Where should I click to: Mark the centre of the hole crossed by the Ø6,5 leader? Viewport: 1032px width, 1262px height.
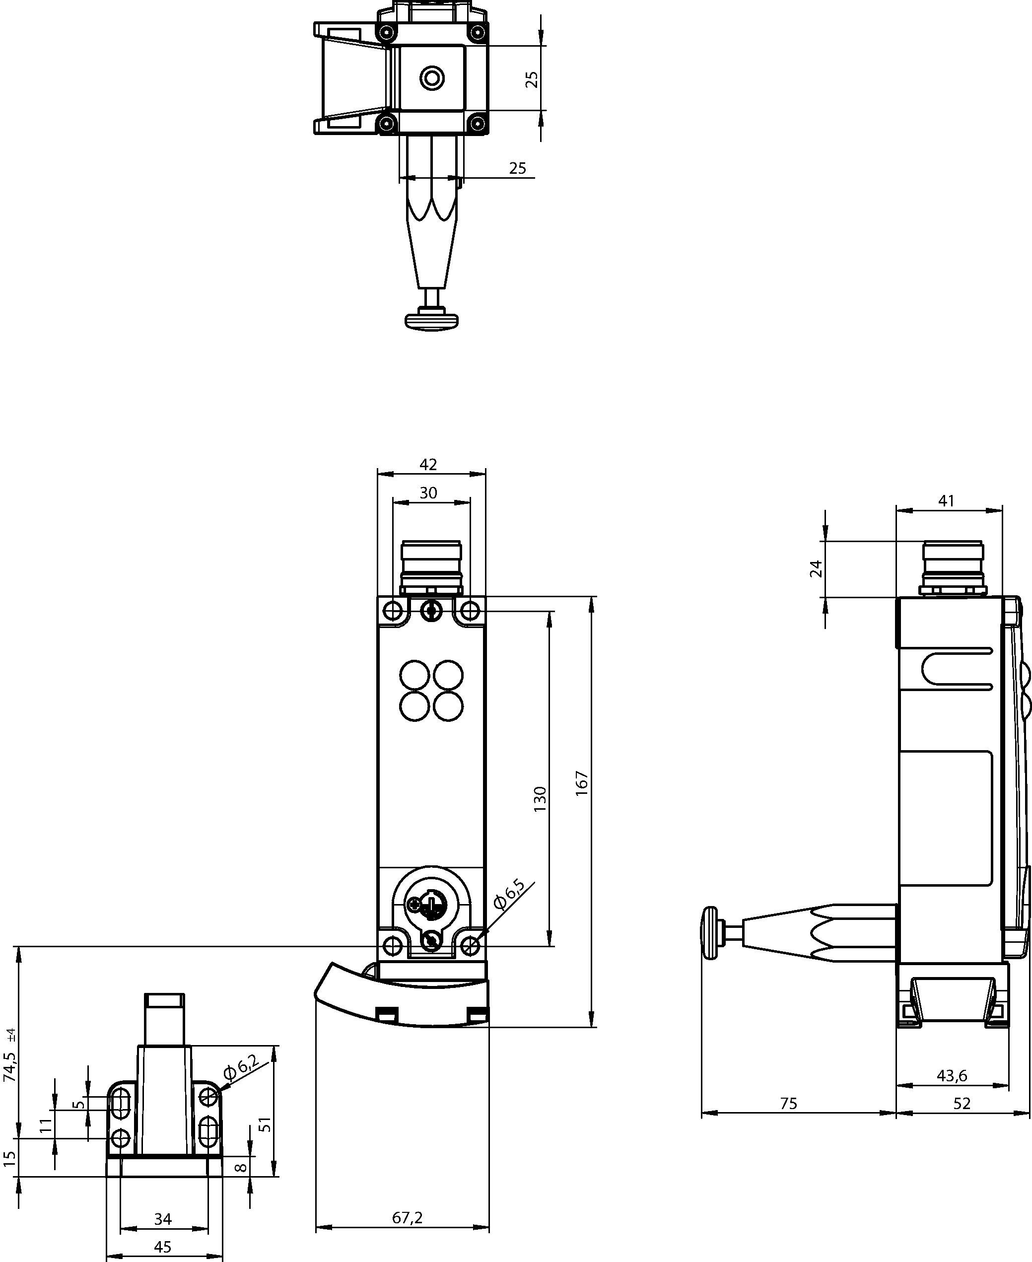(470, 945)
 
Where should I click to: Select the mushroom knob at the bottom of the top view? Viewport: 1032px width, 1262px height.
(432, 322)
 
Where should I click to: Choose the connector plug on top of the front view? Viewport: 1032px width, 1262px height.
(431, 567)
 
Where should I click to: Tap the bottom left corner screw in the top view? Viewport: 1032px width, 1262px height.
(387, 124)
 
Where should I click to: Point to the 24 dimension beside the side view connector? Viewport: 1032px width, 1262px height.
(817, 569)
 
